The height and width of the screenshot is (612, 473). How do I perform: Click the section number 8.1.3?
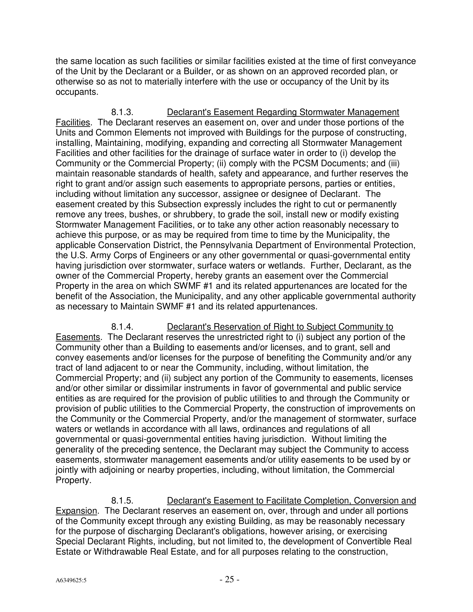point(122,112)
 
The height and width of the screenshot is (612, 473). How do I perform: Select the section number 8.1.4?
point(122,327)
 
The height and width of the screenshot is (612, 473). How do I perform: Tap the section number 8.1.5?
point(122,500)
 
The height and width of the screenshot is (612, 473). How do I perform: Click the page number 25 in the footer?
point(229,579)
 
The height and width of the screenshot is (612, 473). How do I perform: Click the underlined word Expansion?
point(76,511)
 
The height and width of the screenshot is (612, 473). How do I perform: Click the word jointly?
point(66,470)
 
